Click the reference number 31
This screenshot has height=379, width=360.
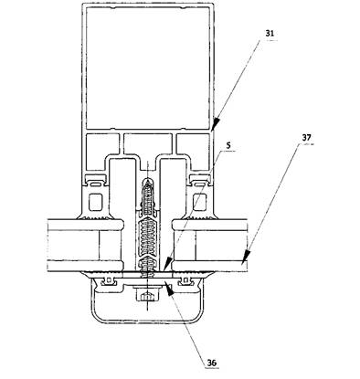[x=270, y=34]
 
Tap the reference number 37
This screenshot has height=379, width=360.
[x=307, y=138]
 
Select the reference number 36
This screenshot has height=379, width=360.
[x=212, y=363]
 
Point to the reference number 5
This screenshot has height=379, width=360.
[x=228, y=145]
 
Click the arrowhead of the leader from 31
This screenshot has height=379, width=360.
[x=215, y=124]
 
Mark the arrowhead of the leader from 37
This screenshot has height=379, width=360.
[x=247, y=256]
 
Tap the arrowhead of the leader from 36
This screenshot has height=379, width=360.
[x=169, y=290]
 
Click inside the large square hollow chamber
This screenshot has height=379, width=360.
[x=148, y=68]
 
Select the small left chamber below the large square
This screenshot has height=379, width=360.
[x=102, y=143]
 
